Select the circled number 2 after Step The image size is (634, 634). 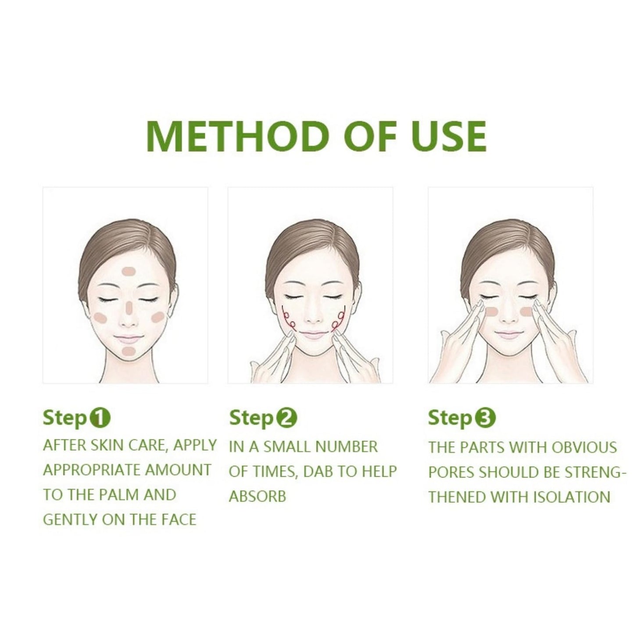(286, 418)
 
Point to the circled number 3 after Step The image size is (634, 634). (485, 418)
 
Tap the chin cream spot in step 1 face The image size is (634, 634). (128, 351)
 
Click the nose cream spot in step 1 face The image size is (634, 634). (129, 308)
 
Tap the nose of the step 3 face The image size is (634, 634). (510, 318)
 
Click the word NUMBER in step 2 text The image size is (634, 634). (347, 447)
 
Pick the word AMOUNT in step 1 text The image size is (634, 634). (178, 470)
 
